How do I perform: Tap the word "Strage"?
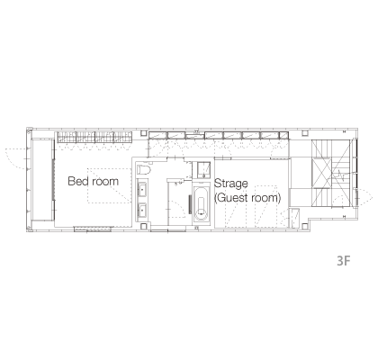pyautogui.click(x=230, y=184)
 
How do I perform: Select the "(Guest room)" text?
pyautogui.click(x=247, y=198)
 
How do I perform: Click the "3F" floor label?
pyautogui.click(x=344, y=261)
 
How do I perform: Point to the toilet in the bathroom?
pyautogui.click(x=143, y=169)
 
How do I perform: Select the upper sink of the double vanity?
pyautogui.click(x=142, y=189)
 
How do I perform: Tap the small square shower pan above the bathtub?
pyautogui.click(x=203, y=170)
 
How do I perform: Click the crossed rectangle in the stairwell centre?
pyautogui.click(x=321, y=173)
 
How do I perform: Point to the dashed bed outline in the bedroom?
pyautogui.click(x=110, y=185)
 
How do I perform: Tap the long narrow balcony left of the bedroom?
pyautogui.click(x=42, y=180)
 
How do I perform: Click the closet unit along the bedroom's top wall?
pyautogui.click(x=94, y=138)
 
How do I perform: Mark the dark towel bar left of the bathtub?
pyautogui.click(x=190, y=204)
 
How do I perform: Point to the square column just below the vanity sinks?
pyautogui.click(x=144, y=225)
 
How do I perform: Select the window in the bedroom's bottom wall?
pyautogui.click(x=93, y=229)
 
